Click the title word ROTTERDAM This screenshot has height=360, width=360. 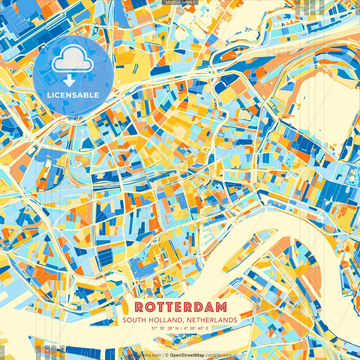(x=181, y=307)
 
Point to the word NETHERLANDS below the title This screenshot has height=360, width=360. (x=211, y=320)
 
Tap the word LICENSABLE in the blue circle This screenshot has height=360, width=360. (x=73, y=95)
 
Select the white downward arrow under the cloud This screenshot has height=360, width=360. (x=69, y=80)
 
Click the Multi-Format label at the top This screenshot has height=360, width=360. (x=180, y=3)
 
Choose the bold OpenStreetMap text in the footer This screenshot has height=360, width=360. (x=187, y=355)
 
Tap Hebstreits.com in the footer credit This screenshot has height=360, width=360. (x=145, y=355)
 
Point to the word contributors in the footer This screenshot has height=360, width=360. (x=219, y=355)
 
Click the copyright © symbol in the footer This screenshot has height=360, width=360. (x=166, y=355)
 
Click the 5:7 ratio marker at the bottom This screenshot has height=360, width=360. (x=54, y=352)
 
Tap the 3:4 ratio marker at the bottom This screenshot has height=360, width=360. (x=47, y=352)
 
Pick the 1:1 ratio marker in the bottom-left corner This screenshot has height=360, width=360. (x=2, y=352)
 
